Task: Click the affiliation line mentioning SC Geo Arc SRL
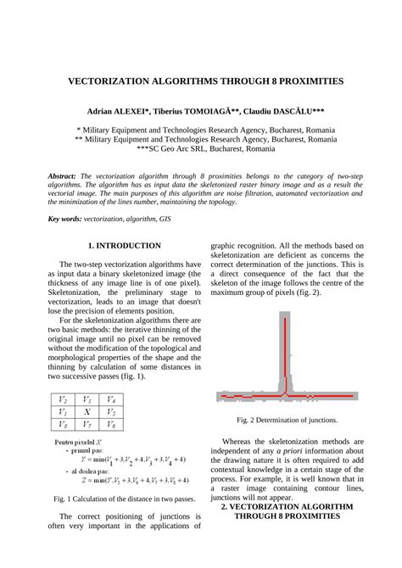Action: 200,148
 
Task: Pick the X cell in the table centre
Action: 87,411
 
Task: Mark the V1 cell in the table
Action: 62,411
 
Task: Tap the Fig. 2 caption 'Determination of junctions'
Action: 288,420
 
